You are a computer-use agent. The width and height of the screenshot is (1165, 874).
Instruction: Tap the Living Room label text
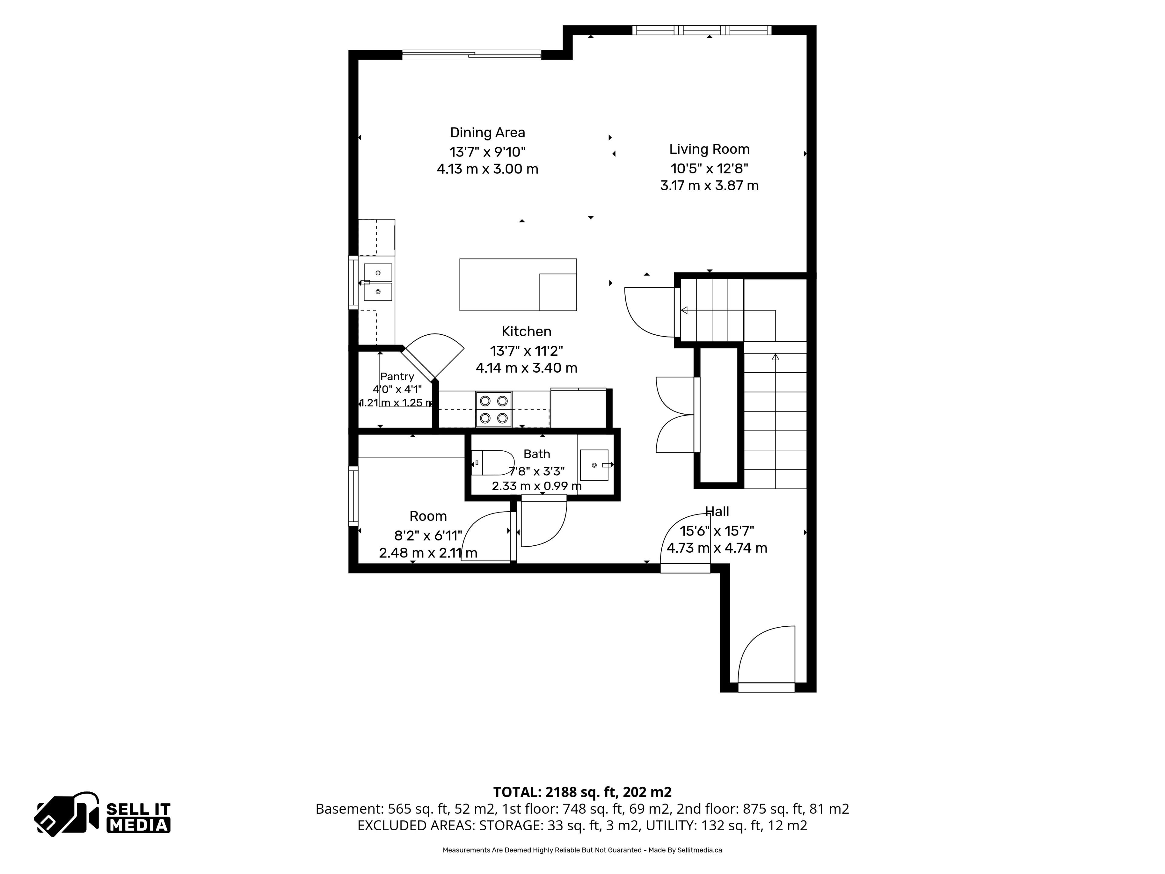pyautogui.click(x=709, y=150)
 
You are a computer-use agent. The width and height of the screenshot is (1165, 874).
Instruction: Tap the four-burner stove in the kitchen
pyautogui.click(x=494, y=409)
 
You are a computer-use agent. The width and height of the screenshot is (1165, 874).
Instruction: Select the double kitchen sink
pyautogui.click(x=378, y=282)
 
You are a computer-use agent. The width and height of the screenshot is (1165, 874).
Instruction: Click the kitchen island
pyautogui.click(x=518, y=284)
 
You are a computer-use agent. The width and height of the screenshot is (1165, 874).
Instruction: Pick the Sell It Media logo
pyautogui.click(x=102, y=814)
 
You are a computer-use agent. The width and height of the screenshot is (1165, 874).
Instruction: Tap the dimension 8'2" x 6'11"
pyautogui.click(x=428, y=536)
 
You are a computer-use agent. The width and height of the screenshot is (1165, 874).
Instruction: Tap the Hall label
pyautogui.click(x=717, y=512)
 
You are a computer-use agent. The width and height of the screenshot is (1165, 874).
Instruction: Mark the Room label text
pyautogui.click(x=428, y=516)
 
